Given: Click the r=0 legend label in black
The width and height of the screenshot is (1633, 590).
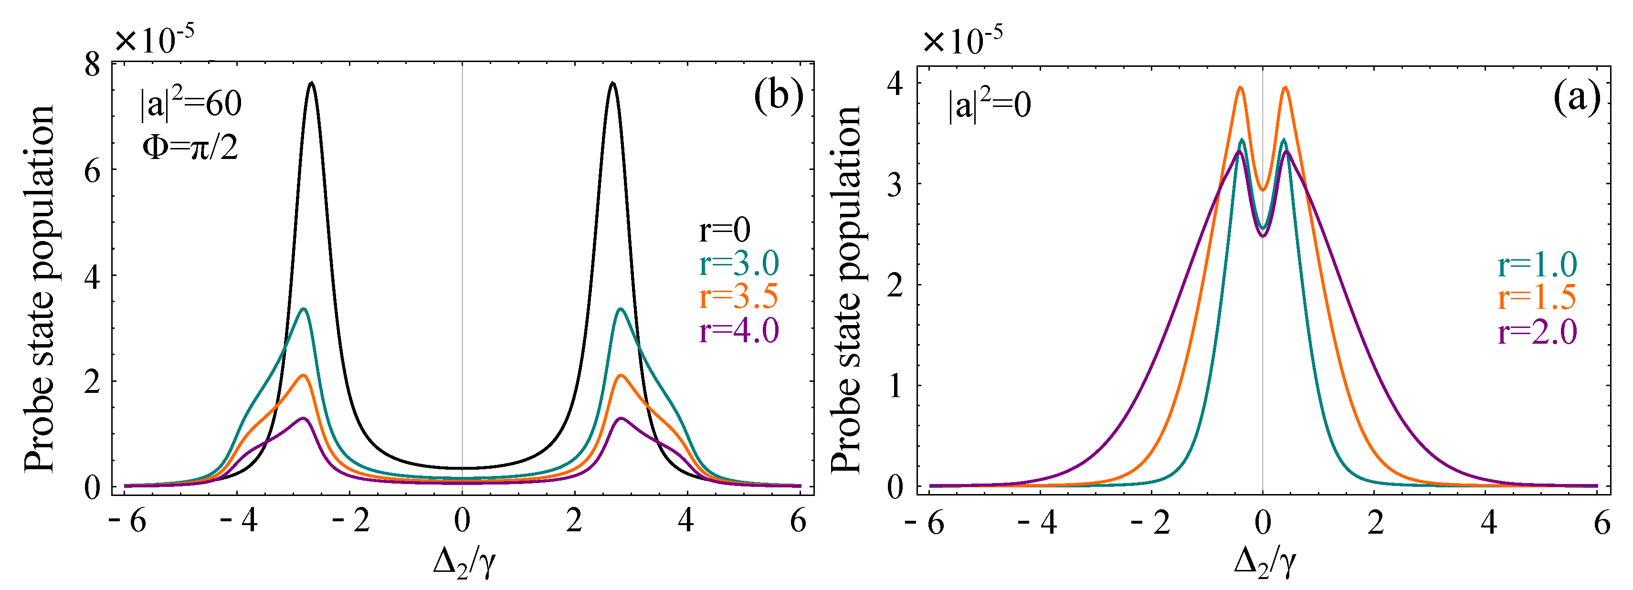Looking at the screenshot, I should point(724,230).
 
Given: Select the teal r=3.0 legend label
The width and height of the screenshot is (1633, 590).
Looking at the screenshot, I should point(738,263).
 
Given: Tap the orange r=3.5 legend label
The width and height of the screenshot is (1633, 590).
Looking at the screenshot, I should point(738,296).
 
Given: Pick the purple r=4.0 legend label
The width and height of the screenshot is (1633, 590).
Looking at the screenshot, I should point(738,331).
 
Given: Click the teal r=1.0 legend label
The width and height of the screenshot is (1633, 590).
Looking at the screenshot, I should point(1537,264).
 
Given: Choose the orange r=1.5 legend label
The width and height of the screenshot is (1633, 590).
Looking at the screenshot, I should point(1537,297).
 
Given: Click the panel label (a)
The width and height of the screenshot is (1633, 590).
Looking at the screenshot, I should point(1577,99).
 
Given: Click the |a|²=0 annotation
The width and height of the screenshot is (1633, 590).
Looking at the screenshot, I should point(989,105).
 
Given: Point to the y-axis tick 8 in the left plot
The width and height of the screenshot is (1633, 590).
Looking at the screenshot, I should point(93,64).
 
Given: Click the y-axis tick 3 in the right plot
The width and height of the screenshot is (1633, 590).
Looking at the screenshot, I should point(895,184).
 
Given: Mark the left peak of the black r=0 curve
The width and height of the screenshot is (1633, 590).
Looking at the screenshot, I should point(311,83).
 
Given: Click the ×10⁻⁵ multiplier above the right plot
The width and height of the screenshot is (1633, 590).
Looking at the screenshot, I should point(962,41).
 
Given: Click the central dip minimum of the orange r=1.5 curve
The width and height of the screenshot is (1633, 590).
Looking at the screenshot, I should point(1262,190).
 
